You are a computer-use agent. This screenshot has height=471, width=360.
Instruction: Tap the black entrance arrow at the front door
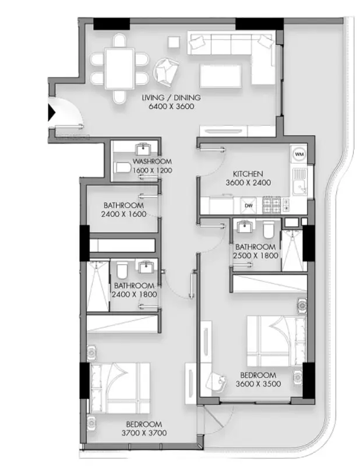(x=52, y=113)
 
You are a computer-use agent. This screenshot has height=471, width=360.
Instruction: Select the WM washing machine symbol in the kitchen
(x=299, y=154)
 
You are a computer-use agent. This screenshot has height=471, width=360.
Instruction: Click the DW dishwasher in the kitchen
(x=249, y=205)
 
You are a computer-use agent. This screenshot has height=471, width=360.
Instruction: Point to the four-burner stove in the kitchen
(x=271, y=205)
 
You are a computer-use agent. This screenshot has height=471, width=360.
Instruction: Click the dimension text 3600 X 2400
(x=248, y=182)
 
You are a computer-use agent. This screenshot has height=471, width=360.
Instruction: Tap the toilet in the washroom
(x=123, y=168)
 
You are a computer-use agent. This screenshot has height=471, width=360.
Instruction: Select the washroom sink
(x=145, y=149)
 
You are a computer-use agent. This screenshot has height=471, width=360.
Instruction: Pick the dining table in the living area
(x=120, y=68)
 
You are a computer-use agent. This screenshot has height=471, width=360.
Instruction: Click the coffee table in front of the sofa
(x=221, y=75)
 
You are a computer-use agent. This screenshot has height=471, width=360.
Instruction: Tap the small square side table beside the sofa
(x=174, y=42)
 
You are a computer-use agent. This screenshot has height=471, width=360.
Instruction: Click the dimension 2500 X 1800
(x=256, y=255)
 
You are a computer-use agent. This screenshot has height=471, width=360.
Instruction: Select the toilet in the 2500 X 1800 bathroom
(x=269, y=230)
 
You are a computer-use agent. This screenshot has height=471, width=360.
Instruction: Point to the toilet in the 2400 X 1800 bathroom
(x=122, y=270)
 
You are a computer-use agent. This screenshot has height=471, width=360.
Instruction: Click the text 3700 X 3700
(x=144, y=433)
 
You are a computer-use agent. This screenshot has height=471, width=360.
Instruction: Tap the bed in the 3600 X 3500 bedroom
(x=276, y=341)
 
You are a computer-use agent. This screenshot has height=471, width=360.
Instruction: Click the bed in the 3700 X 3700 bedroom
(x=119, y=388)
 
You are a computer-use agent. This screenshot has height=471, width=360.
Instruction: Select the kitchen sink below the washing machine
(x=299, y=181)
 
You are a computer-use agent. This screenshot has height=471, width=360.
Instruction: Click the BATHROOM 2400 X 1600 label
(x=123, y=210)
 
